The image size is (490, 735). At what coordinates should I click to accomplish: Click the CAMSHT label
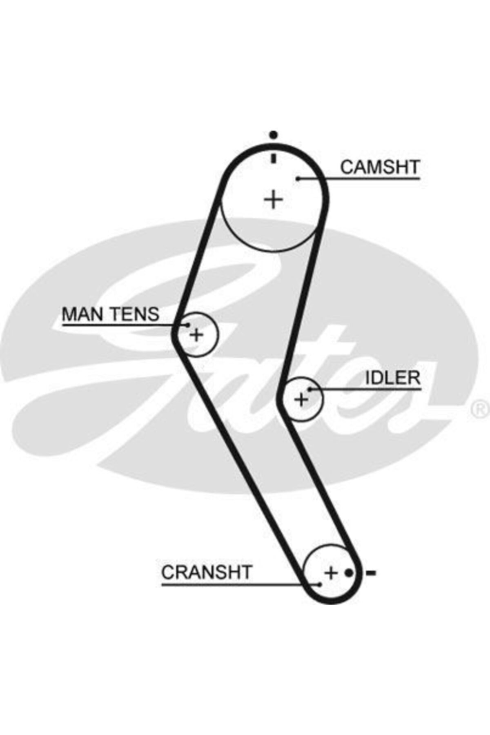tap(380, 167)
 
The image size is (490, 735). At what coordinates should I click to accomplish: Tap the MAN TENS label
tap(110, 314)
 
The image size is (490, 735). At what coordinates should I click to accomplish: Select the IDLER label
tap(392, 378)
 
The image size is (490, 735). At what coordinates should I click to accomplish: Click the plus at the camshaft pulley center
tap(273, 200)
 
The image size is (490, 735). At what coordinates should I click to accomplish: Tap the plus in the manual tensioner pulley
tap(197, 335)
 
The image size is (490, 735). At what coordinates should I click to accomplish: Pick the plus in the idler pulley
tap(301, 399)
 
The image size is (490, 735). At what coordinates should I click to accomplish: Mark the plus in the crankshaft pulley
tap(331, 573)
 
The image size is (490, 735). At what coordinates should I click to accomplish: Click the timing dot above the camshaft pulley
tap(274, 134)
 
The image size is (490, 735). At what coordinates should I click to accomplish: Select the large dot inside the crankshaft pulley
tap(348, 573)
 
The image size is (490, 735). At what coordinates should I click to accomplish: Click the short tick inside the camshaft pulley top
tap(274, 158)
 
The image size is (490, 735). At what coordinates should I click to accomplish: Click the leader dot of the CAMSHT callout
tap(298, 178)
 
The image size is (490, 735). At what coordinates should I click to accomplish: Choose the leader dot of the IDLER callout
tap(310, 390)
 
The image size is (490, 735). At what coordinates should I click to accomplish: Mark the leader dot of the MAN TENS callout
tap(188, 325)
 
